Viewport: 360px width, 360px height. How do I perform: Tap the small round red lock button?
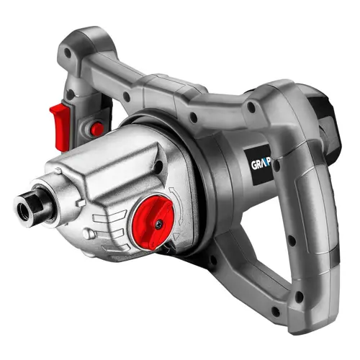pyautogui.click(x=95, y=129)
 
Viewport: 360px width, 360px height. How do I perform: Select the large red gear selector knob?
pyautogui.click(x=153, y=222)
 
